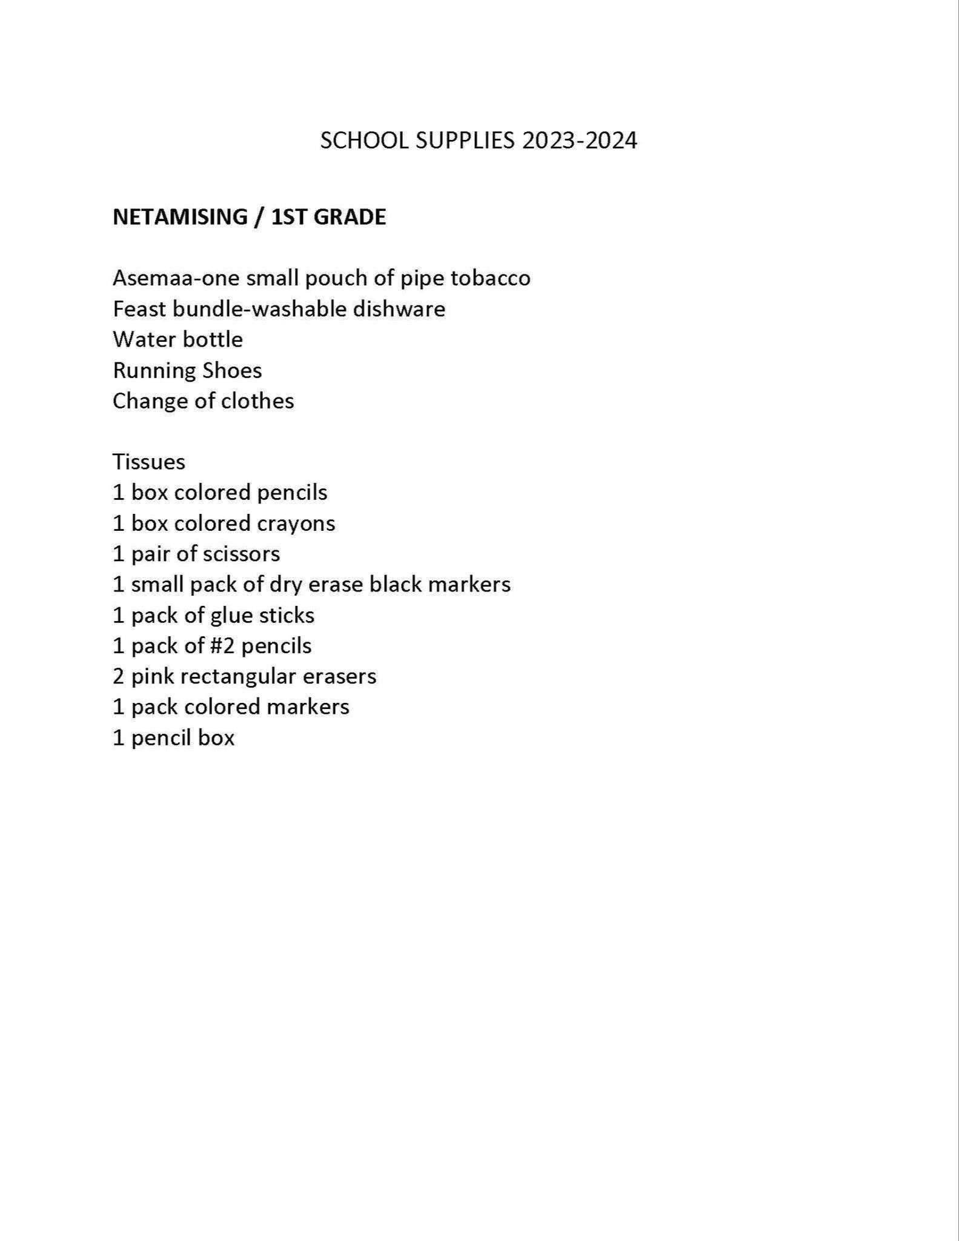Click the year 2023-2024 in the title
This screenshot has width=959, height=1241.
[580, 141]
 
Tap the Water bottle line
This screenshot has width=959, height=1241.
[178, 339]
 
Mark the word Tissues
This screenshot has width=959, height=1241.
[149, 462]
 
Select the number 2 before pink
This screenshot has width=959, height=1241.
[119, 676]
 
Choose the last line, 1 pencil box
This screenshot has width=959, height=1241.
[174, 737]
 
